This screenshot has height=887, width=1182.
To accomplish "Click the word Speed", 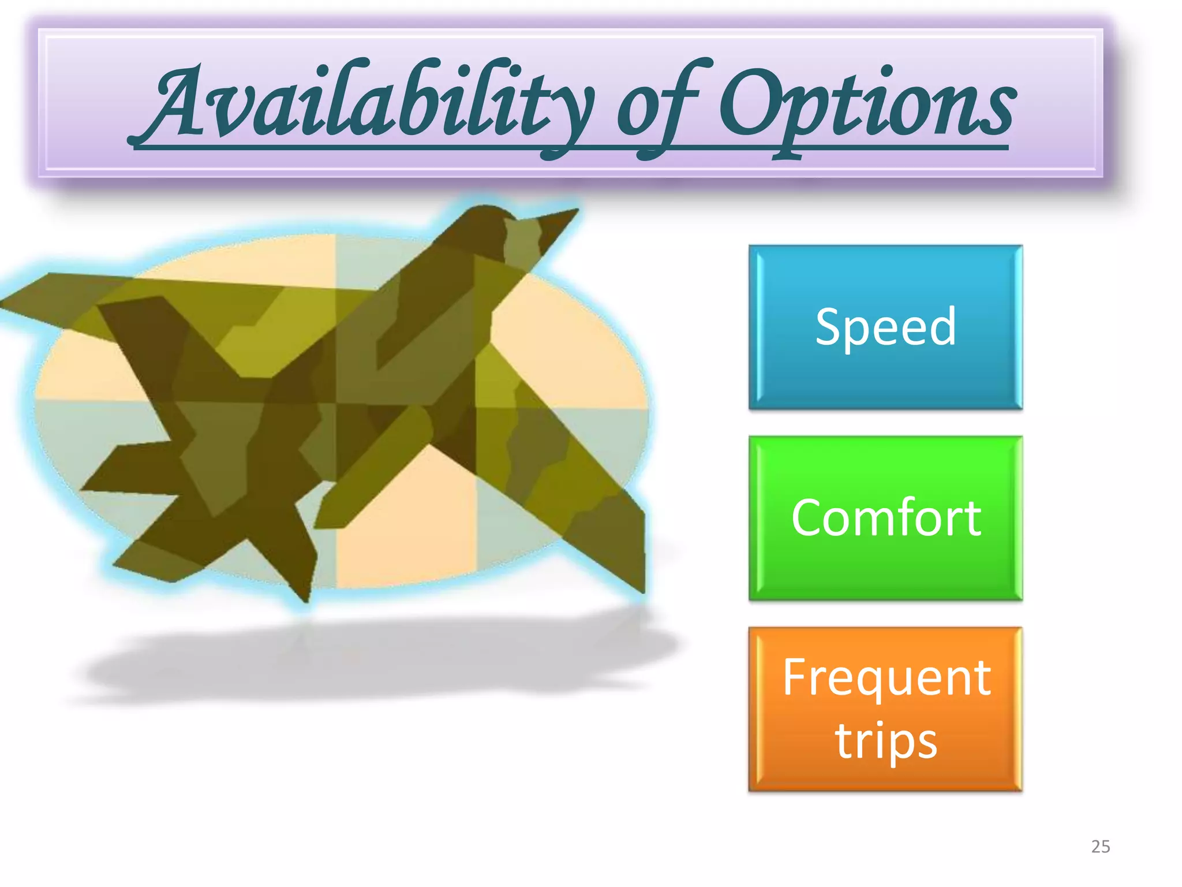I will click(885, 327).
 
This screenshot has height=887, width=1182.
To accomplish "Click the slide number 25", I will click(1101, 847).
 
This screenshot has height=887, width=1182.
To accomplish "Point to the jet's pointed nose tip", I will click(574, 211).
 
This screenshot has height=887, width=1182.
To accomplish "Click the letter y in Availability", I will click(568, 115).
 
